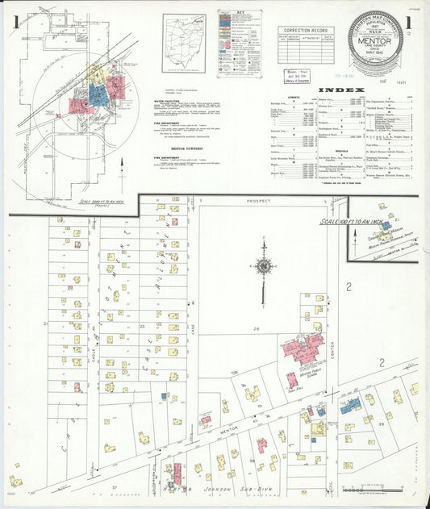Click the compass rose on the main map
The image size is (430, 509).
pyautogui.click(x=263, y=265)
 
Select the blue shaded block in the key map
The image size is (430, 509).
pyautogui.click(x=98, y=95)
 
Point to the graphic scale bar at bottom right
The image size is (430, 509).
pyautogui.click(x=370, y=489)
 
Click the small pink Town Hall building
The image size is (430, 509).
pyautogui.click(x=292, y=379)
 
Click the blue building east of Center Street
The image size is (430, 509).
pyautogui.click(x=349, y=407)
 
